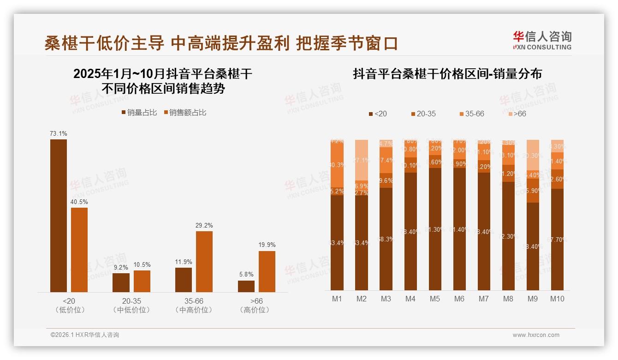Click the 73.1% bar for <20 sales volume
[59, 216]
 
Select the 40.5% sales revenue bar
[79, 250]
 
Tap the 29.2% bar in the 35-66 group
[204, 261]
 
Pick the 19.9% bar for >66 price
[267, 271]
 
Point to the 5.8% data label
[246, 274]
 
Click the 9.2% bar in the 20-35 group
[121, 282]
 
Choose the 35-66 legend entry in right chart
[472, 114]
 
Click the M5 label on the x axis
[434, 299]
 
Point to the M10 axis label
[557, 299]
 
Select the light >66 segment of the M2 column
[362, 160]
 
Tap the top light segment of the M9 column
[532, 155]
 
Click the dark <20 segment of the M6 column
[459, 229]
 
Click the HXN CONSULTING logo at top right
[542, 40]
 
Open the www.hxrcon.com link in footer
[536, 335]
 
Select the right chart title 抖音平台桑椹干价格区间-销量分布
[447, 74]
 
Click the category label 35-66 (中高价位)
[194, 306]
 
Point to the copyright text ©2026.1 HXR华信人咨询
[85, 335]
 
